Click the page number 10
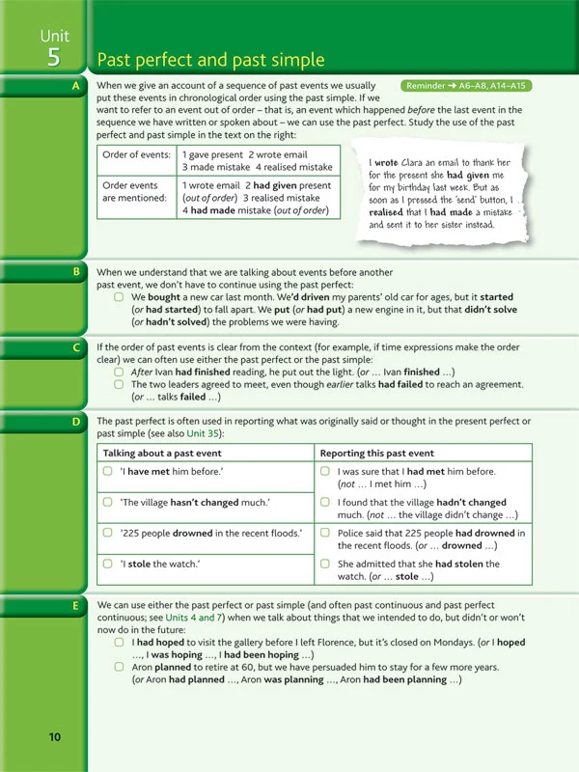tap(54, 737)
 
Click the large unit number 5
tap(54, 57)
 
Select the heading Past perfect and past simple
tap(211, 61)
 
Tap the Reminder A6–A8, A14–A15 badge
tap(468, 86)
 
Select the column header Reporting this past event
tap(378, 453)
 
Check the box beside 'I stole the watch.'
tap(108, 564)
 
